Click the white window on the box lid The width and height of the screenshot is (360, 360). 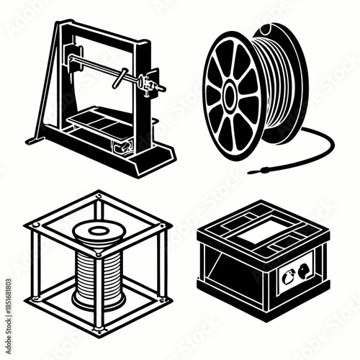click(x=267, y=233)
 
